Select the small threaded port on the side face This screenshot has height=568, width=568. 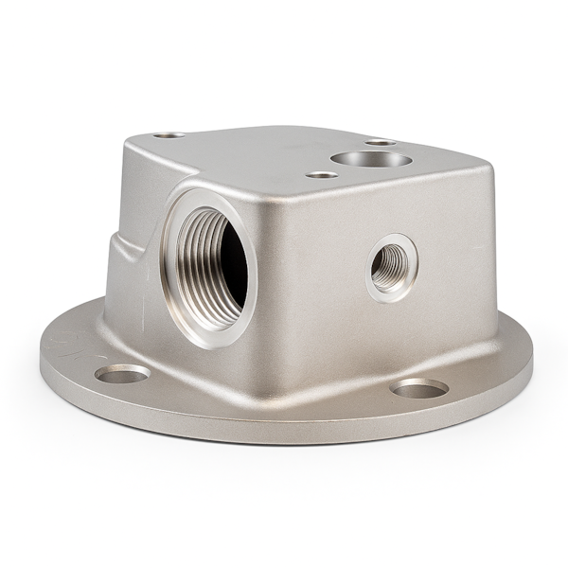390,267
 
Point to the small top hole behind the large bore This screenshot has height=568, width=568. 381,142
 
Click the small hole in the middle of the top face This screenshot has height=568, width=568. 323,174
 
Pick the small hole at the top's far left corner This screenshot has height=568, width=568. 169,135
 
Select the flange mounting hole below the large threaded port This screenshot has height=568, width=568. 123,374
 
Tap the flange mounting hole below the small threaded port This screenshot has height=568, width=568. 419,388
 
